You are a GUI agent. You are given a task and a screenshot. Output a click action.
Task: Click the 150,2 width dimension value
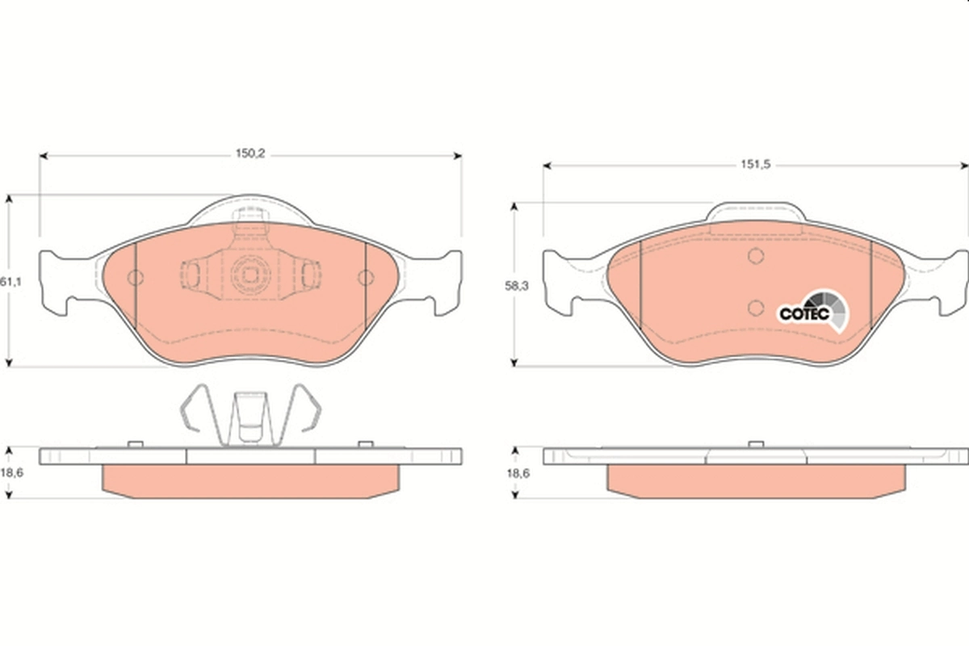250,154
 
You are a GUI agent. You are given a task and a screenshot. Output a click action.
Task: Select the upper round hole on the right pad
756,257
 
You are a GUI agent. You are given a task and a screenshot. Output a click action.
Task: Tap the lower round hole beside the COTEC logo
756,307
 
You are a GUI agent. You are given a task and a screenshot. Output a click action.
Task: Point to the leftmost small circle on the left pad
136,279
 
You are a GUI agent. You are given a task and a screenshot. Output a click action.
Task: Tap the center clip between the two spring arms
250,416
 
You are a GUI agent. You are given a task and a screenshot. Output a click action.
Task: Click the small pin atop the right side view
756,444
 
